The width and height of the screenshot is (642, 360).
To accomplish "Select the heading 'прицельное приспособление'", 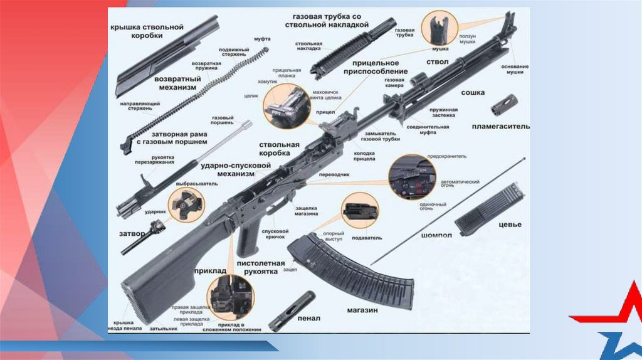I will (x=376, y=67).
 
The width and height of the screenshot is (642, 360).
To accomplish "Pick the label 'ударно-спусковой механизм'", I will (x=235, y=169).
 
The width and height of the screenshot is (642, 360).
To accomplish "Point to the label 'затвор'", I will (x=132, y=233).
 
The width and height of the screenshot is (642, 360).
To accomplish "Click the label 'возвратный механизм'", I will (x=177, y=83).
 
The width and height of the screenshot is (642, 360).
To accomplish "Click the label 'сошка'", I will (x=473, y=93).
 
